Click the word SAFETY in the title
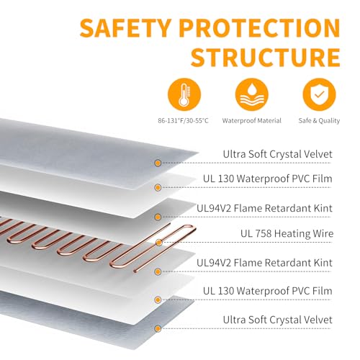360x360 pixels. [x=125, y=28]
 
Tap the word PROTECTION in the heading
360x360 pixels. [x=260, y=28]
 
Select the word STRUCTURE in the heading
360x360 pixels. [x=266, y=58]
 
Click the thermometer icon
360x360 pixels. [x=184, y=94]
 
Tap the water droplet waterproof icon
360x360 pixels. [x=251, y=94]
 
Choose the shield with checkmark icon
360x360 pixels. [x=319, y=94]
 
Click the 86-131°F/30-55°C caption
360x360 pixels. [x=183, y=120]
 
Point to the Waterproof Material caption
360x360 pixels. [x=251, y=120]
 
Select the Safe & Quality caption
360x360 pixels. [x=319, y=121]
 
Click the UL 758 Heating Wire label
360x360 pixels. [x=287, y=233]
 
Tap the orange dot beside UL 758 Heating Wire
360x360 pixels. [x=158, y=243]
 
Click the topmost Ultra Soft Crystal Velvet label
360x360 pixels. [x=278, y=154]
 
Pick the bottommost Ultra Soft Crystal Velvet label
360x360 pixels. [x=278, y=320]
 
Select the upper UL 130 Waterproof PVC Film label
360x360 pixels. [x=268, y=179]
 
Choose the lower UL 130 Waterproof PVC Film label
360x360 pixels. [x=268, y=291]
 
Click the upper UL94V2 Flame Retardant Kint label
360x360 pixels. [x=264, y=208]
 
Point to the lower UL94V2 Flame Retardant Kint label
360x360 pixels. [x=264, y=263]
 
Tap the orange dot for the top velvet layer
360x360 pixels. [x=158, y=163]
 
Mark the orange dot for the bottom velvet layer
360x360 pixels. [x=158, y=328]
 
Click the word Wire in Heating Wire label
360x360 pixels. [x=323, y=233]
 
